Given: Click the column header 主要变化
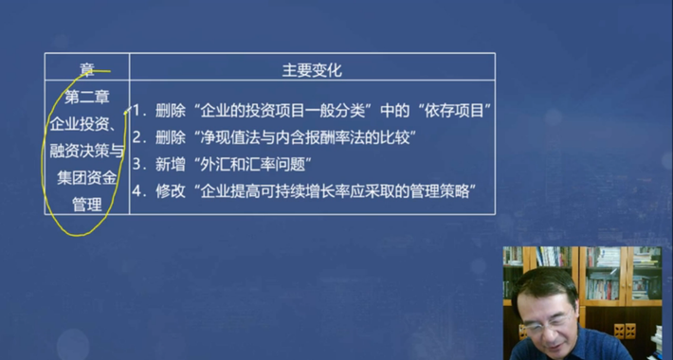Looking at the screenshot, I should coord(312,70).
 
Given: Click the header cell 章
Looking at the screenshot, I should coord(87,69).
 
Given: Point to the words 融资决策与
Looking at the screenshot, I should coord(86,150).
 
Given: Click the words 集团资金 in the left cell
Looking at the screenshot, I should coord(86,176).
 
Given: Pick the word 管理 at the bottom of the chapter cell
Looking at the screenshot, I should coord(86,203).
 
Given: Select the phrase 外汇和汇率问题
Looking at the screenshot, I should coord(244,164).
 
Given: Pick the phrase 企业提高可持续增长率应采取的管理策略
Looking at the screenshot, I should coord(333,190).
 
